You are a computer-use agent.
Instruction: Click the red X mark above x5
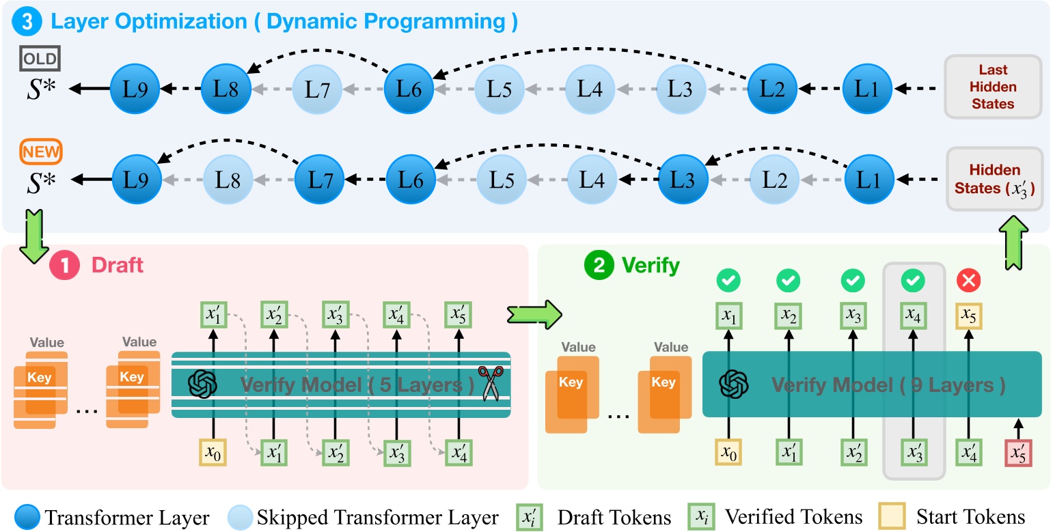click(x=968, y=280)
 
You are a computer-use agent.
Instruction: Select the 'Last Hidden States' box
click(x=993, y=87)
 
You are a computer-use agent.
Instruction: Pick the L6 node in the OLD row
click(x=408, y=88)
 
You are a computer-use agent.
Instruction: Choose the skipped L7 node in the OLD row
click(x=317, y=88)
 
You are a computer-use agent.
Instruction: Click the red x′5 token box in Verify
click(x=1017, y=453)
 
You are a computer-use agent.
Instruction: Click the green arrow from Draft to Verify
click(x=534, y=313)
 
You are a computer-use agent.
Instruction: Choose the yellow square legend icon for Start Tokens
click(x=891, y=517)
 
